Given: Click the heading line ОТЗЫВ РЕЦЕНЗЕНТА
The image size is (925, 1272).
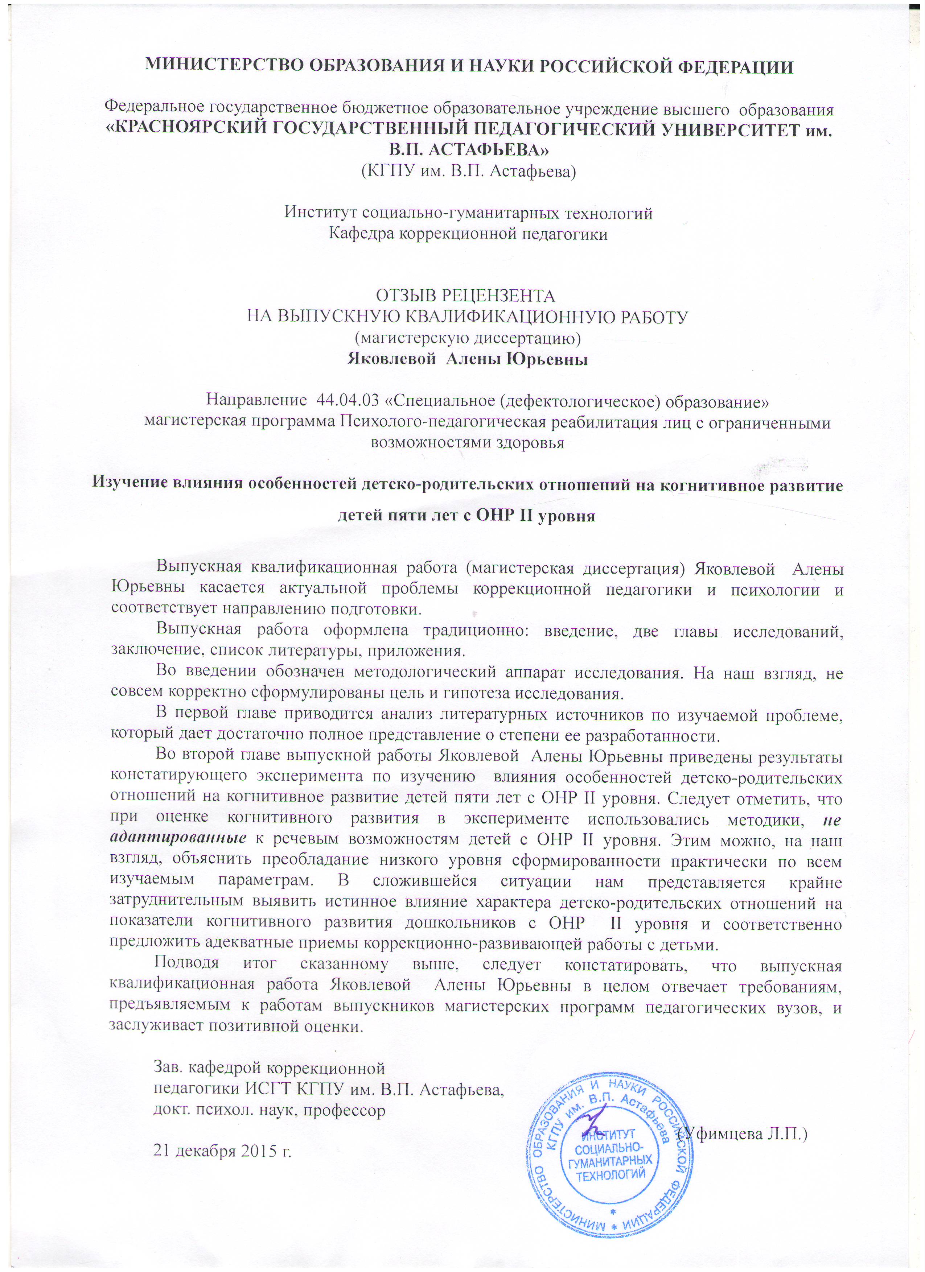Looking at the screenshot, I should (x=465, y=296).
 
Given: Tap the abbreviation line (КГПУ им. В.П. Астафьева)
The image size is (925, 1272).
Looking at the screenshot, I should (x=468, y=170).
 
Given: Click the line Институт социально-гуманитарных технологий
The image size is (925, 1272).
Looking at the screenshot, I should (x=468, y=213).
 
